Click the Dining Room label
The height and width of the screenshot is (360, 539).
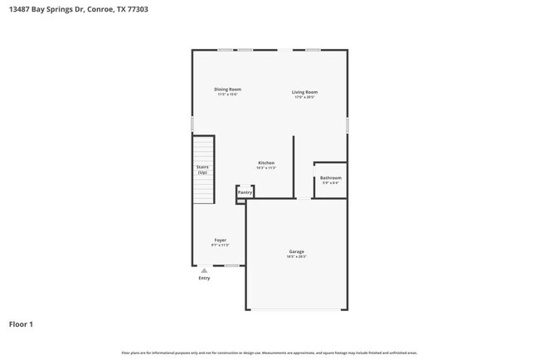(227, 90)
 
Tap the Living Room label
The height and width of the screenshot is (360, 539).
(304, 92)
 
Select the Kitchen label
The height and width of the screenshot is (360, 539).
(266, 163)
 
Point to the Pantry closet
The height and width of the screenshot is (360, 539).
(245, 192)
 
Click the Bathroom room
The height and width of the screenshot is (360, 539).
(330, 178)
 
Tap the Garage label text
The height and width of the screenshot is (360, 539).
(296, 251)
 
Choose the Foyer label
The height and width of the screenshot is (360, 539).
(220, 240)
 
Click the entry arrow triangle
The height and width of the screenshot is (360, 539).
(204, 270)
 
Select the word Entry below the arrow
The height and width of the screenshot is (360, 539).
(204, 278)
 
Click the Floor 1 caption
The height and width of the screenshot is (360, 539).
(22, 324)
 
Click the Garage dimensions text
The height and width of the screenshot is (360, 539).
(296, 257)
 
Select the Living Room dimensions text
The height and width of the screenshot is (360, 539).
(304, 97)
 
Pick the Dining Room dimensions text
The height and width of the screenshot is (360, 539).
(227, 95)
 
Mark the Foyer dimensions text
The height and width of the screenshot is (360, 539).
(220, 246)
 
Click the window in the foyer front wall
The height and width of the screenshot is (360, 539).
(232, 265)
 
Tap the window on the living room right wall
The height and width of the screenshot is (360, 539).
(347, 124)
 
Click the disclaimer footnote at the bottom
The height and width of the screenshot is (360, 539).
(269, 353)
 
